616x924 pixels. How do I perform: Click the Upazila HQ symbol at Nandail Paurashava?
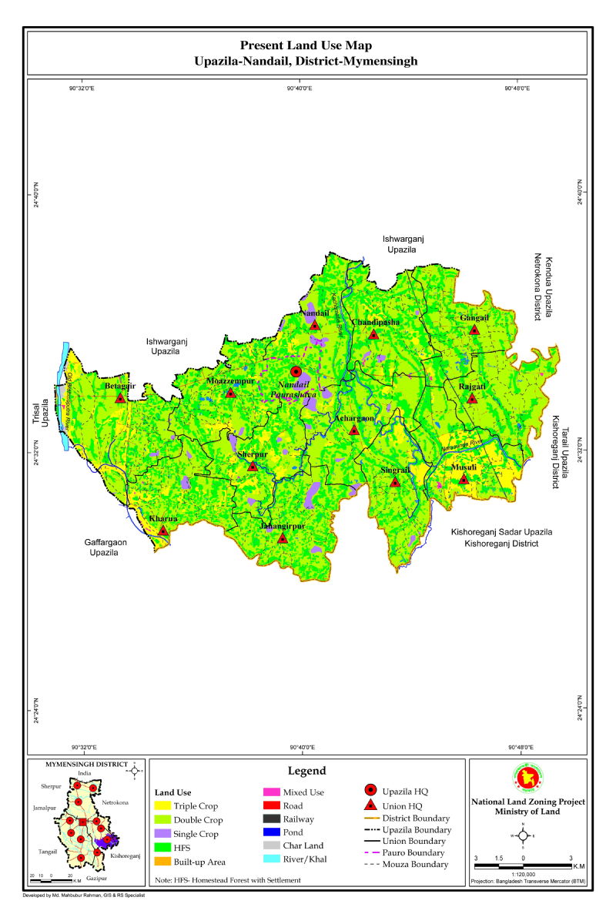point(296,371)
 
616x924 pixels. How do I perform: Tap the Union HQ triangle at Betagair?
point(121,398)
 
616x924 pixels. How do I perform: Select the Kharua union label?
point(163,519)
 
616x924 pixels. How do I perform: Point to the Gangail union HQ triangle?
point(474,330)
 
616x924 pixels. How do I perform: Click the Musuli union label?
point(464,467)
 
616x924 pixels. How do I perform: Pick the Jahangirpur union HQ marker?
point(283,538)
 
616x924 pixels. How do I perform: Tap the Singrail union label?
point(395,470)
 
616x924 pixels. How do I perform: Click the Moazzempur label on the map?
point(229,381)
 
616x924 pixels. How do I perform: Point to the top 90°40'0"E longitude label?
point(300,89)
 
